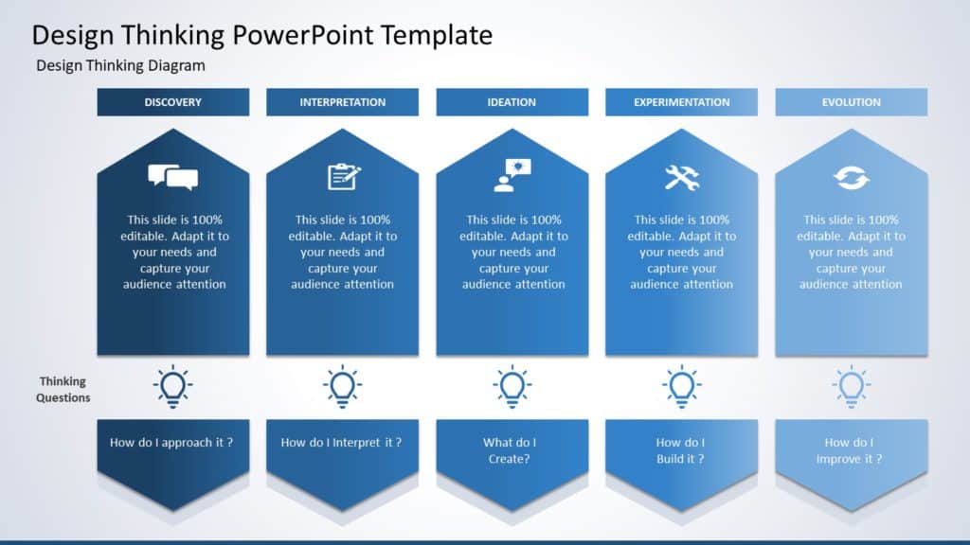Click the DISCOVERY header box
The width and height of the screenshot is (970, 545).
pos(172,102)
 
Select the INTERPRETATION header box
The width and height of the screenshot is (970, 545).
pos(342,102)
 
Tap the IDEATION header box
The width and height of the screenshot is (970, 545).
pos(512,102)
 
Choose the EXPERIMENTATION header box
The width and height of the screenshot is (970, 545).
pos(681,102)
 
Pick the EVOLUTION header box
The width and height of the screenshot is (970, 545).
pos(851,102)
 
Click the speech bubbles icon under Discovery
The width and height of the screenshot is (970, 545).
pos(172,177)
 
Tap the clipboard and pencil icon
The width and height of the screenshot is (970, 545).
pos(343,177)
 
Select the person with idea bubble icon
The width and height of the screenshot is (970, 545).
pos(512,176)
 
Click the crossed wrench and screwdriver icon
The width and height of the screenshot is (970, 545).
pos(681,177)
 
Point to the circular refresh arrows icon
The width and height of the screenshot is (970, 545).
pos(851,177)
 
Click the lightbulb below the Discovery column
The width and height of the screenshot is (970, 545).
pos(172,387)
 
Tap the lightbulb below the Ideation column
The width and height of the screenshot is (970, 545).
pos(512,387)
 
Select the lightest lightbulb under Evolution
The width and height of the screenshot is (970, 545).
pos(851,387)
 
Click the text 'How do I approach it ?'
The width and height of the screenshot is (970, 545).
pos(171,442)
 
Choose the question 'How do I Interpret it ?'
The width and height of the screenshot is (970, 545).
pos(341,442)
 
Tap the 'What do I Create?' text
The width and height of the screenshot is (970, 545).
pos(510,450)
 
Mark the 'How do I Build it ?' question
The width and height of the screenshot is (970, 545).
pos(680,450)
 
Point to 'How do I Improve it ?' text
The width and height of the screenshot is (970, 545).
pos(850,450)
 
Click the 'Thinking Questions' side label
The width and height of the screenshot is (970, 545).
pos(63,390)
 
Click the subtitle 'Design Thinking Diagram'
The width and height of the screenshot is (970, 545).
pos(120,66)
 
